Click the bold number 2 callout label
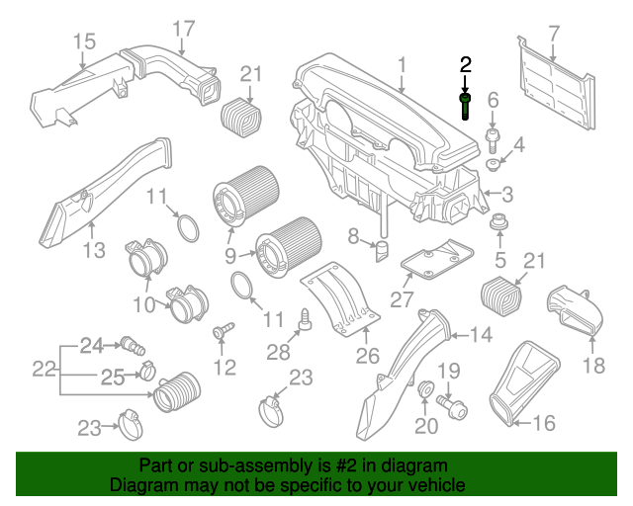[x=466, y=65]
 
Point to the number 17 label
[x=183, y=30]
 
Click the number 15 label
[x=84, y=42]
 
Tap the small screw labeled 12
[x=221, y=328]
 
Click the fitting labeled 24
[x=131, y=345]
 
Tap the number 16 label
[x=545, y=423]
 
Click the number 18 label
[x=592, y=368]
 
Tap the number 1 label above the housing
[x=403, y=66]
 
